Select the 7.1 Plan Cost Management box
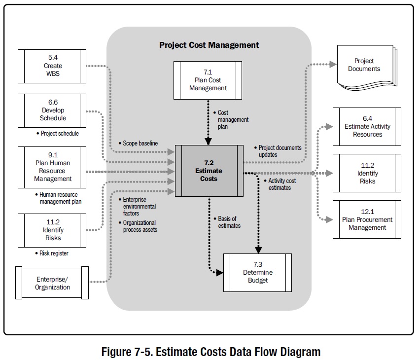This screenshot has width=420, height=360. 208,80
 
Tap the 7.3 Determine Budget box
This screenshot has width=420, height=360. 257,272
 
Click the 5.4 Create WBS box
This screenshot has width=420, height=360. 53,66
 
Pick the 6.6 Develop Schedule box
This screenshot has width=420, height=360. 53,110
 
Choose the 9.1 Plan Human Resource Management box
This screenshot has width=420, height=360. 53,167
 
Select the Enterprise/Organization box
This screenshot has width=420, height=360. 53,283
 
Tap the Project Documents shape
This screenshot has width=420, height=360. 364,65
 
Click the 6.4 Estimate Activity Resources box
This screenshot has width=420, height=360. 367,126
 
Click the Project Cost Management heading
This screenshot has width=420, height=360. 209,45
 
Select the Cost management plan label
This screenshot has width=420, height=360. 233,119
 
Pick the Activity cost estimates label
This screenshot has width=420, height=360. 281,184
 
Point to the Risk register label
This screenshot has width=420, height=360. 54,253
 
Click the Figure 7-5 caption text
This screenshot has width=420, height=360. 210,351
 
